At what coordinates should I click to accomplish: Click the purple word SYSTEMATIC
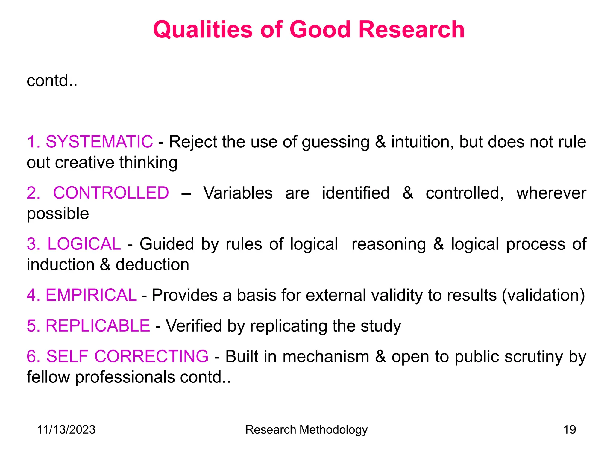(x=99, y=142)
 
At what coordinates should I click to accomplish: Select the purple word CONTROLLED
(x=111, y=193)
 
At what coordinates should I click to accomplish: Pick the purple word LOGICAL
(x=84, y=244)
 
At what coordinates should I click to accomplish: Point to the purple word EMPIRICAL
(x=91, y=295)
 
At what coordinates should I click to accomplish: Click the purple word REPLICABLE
(x=98, y=326)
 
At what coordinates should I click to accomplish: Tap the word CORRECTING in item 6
(x=151, y=356)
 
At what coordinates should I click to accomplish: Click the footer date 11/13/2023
(x=66, y=430)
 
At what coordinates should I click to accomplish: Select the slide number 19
(x=570, y=430)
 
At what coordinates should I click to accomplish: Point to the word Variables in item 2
(x=238, y=193)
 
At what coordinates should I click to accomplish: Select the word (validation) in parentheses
(x=543, y=296)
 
